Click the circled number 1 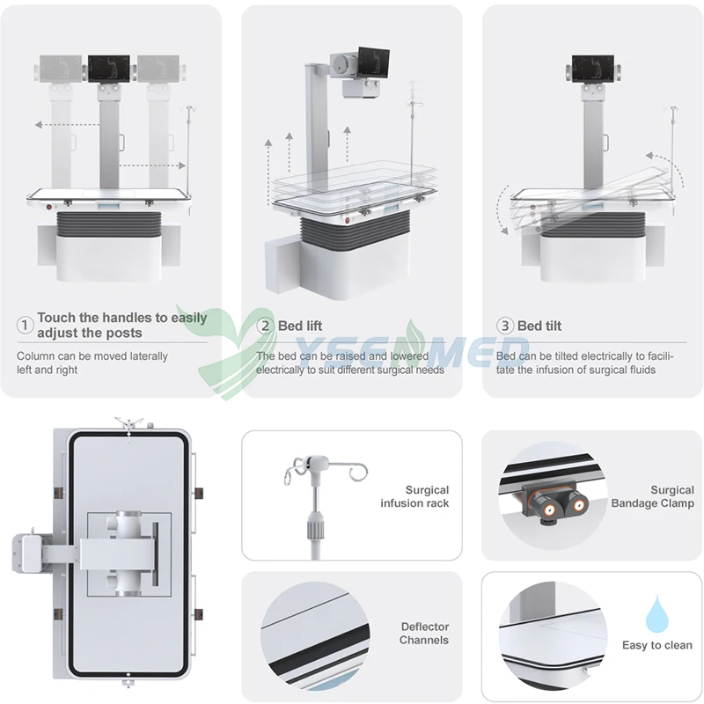[26, 326]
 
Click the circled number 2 [265, 326]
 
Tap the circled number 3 [504, 326]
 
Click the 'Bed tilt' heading [539, 326]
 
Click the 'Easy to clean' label [657, 645]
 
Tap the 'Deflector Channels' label [424, 634]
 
